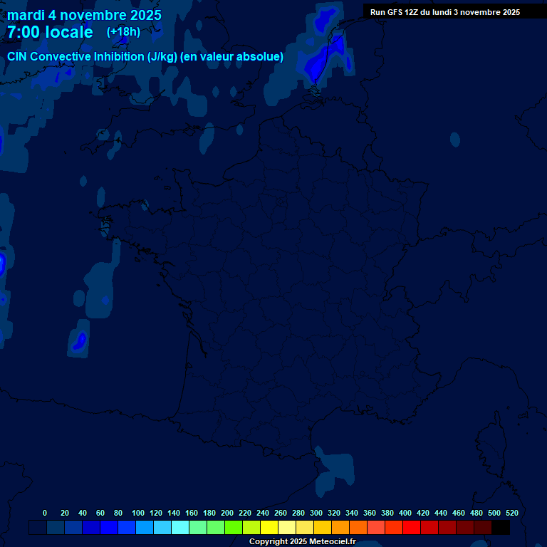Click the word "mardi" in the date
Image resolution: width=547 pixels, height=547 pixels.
26,15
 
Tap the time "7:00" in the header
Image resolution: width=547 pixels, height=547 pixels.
27,32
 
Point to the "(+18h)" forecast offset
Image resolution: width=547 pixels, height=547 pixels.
123,32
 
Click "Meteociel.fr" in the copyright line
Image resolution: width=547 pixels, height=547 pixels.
333,542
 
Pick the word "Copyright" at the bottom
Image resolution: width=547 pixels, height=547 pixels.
270,542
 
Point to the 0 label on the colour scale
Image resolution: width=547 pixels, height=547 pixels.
45,513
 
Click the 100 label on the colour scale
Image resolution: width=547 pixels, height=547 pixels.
138,513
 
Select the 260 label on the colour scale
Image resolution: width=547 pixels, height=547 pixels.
281,513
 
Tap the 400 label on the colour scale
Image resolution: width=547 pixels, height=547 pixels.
405,513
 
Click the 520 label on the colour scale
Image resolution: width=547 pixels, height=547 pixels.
512,513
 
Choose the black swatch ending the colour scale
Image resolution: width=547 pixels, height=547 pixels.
501,527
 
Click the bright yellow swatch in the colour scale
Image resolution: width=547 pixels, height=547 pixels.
269,527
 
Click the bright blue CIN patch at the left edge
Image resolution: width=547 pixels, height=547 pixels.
1,264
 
